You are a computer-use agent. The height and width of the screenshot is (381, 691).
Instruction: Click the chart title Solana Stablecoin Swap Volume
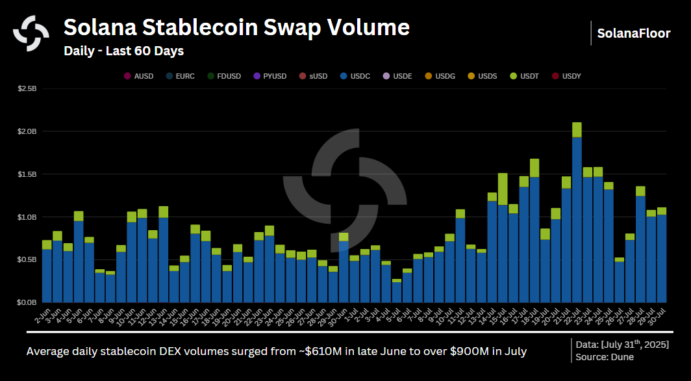click(x=236, y=28)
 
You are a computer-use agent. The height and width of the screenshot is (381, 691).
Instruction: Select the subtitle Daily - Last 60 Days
click(x=123, y=51)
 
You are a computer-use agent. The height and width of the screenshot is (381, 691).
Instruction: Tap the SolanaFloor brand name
click(x=633, y=33)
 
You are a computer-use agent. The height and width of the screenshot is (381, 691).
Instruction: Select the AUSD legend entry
click(x=138, y=76)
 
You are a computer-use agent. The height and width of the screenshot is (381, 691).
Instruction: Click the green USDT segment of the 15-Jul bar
click(x=503, y=189)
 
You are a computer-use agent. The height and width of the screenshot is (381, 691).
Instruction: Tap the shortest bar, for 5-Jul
click(x=396, y=291)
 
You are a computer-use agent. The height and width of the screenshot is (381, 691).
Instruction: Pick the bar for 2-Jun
click(x=47, y=273)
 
